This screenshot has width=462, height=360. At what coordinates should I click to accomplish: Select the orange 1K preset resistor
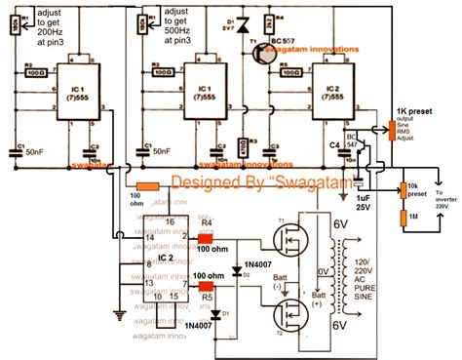click(394, 129)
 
